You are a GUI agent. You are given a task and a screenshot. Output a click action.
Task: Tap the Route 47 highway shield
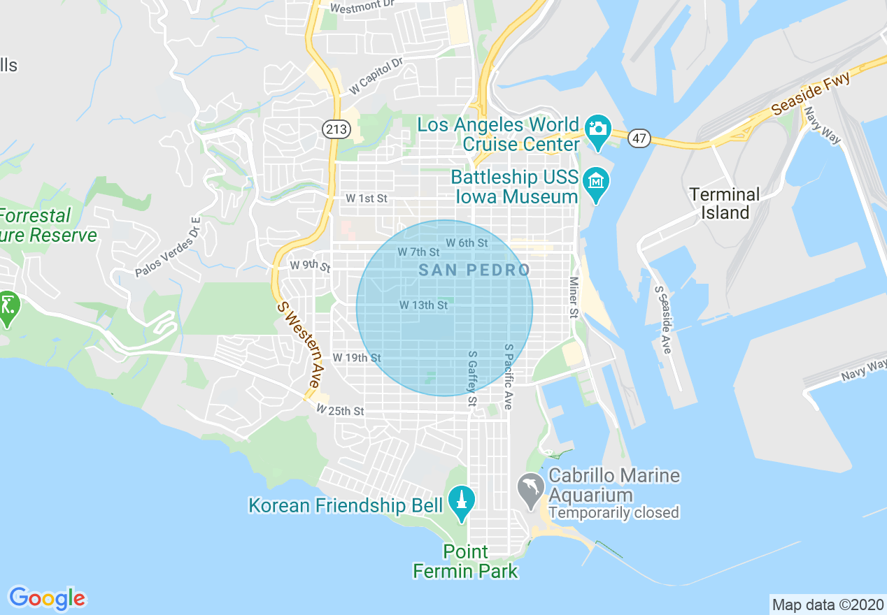click(x=639, y=138)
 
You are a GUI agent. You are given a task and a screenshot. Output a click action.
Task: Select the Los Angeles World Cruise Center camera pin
click(x=597, y=131)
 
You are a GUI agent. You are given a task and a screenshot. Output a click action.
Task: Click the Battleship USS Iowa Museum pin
click(x=595, y=183)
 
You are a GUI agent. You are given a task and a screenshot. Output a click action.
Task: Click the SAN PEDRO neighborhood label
click(x=474, y=270)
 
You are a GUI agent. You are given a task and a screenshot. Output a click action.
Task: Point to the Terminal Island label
click(x=724, y=203)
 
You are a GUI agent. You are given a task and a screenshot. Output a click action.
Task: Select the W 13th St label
click(x=423, y=305)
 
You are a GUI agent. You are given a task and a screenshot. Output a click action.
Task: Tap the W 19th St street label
click(x=356, y=358)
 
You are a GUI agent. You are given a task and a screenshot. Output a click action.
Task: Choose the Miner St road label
click(x=574, y=298)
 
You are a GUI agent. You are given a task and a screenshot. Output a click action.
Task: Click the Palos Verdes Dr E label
click(x=168, y=247)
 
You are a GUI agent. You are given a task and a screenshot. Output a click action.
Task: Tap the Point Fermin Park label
click(x=466, y=561)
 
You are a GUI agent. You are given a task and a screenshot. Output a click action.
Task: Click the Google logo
click(x=48, y=598)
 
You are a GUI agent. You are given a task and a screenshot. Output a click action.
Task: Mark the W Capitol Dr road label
click(x=376, y=76)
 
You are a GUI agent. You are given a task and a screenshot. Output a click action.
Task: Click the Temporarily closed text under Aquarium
click(x=613, y=513)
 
